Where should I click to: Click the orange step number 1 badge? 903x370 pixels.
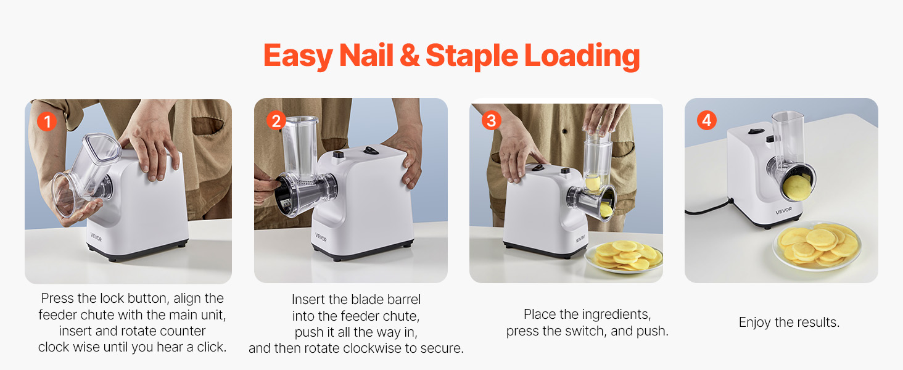coord(46,121)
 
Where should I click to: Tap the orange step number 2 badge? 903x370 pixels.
coord(276,121)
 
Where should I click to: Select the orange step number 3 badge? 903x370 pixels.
coord(490,120)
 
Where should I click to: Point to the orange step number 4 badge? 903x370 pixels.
coord(706,120)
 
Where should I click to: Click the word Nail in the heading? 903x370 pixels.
coord(366,56)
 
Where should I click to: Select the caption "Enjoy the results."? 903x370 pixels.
coord(789,323)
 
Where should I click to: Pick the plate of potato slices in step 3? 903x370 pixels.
coord(623,257)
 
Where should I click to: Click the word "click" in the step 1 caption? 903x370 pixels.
coord(207,347)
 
